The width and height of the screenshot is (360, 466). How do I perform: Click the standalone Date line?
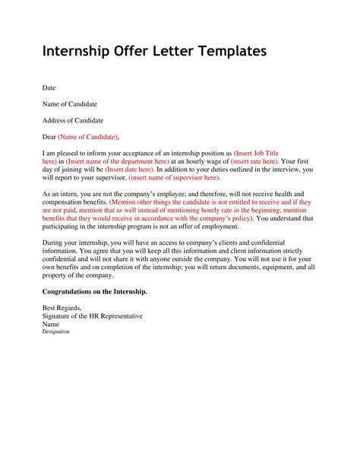(x=49, y=87)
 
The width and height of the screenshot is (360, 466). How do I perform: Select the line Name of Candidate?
(x=69, y=103)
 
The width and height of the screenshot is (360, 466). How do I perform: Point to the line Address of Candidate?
(x=73, y=120)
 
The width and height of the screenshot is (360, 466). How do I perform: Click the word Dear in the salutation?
(x=49, y=137)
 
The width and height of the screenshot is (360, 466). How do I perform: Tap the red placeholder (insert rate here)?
(x=250, y=162)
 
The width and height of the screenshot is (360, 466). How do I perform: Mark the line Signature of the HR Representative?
(x=92, y=316)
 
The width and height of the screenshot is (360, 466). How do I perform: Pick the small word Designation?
(x=55, y=331)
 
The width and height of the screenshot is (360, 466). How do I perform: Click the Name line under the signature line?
(x=51, y=324)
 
